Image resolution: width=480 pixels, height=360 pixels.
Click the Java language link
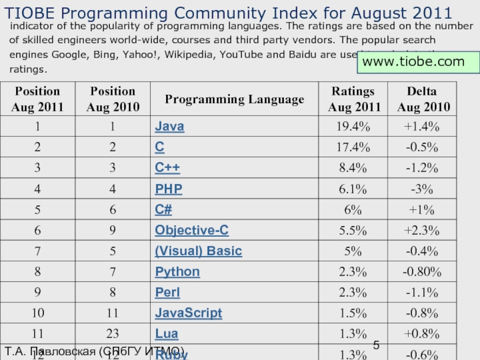click(x=169, y=127)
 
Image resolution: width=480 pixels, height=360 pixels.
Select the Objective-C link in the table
click(x=191, y=230)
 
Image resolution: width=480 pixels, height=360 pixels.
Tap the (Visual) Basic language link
click(x=198, y=251)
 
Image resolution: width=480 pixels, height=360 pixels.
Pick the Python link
click(x=177, y=272)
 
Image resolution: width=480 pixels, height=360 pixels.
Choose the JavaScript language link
click(x=188, y=313)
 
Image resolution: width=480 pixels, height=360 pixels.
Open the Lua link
click(x=166, y=334)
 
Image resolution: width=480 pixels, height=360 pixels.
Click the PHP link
click(x=168, y=189)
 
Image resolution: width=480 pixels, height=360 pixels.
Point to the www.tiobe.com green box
click(x=418, y=62)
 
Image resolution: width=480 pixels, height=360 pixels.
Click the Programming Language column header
click(x=234, y=99)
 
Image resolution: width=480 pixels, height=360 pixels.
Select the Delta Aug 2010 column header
click(x=421, y=99)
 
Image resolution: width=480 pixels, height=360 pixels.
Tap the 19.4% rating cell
click(x=353, y=127)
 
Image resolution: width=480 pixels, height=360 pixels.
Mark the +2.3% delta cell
click(x=421, y=230)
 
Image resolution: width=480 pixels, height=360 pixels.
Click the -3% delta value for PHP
click(x=421, y=189)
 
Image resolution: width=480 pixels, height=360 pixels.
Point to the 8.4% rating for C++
click(x=353, y=168)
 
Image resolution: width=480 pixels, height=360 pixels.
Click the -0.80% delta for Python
click(x=421, y=272)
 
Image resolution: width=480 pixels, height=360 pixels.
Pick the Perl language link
click(x=167, y=293)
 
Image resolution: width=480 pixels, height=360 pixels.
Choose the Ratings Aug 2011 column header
click(x=353, y=99)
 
